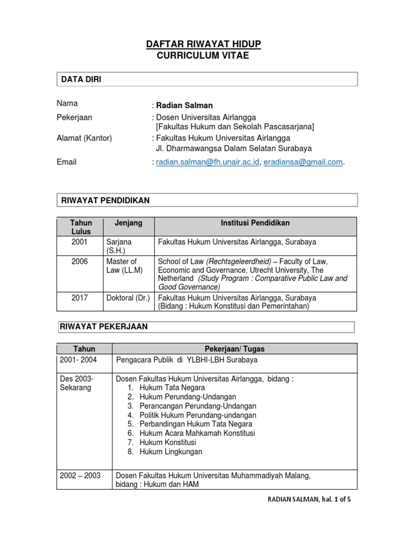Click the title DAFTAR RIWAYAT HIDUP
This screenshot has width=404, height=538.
(x=203, y=45)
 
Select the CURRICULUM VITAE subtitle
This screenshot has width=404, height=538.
(x=203, y=56)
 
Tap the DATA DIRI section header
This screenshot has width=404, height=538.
(x=82, y=79)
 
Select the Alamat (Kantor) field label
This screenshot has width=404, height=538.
(x=84, y=138)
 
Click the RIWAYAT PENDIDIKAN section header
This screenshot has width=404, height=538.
(x=105, y=200)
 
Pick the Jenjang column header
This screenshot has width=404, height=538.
(x=128, y=223)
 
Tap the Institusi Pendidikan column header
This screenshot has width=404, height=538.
(x=255, y=223)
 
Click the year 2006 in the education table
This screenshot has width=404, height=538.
(x=79, y=261)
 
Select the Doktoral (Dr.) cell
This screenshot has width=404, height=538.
(x=128, y=298)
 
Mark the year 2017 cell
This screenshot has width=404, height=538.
(x=79, y=298)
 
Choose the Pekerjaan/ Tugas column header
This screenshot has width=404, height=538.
(x=234, y=349)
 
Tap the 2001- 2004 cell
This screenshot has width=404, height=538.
(x=78, y=360)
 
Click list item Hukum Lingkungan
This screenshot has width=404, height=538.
(x=171, y=452)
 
